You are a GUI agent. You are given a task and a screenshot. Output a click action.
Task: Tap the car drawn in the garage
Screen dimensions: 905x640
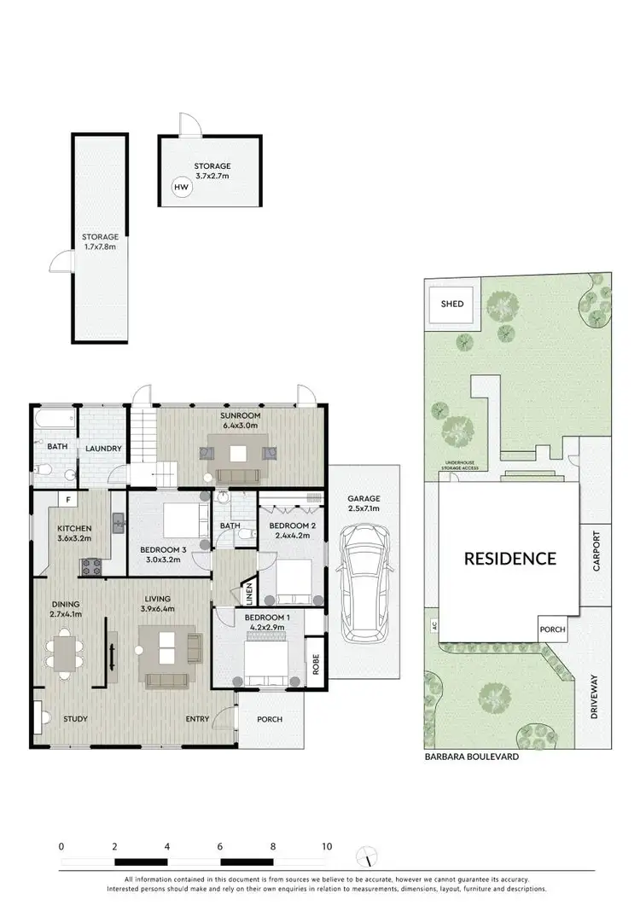(364, 585)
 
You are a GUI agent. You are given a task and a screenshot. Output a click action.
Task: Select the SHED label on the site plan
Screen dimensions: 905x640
(451, 304)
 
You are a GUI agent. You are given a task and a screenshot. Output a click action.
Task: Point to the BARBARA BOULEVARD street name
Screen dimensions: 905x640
(472, 756)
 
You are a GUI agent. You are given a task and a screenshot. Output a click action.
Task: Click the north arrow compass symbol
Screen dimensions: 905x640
(367, 856)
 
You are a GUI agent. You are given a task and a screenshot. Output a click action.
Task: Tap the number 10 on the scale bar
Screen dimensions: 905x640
(327, 847)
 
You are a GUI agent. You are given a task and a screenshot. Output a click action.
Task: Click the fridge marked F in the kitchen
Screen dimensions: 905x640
(66, 500)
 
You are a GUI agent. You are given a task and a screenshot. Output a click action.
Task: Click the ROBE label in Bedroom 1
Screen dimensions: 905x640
(315, 663)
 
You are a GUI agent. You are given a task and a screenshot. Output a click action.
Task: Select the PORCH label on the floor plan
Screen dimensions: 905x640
(270, 719)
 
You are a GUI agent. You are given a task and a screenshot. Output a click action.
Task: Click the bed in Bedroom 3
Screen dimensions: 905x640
(180, 521)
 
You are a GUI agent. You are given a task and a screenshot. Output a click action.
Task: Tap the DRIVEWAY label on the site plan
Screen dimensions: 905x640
(596, 697)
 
